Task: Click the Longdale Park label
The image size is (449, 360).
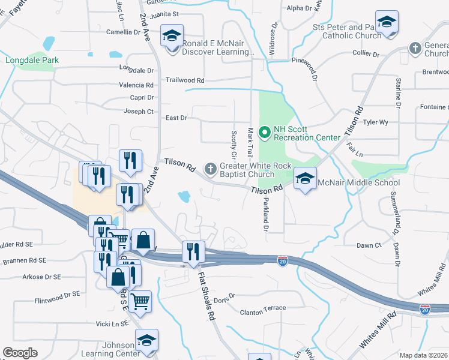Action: pyautogui.click(x=29, y=60)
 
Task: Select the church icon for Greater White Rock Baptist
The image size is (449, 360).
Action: pyautogui.click(x=211, y=169)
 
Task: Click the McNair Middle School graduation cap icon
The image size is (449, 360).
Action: pyautogui.click(x=306, y=179)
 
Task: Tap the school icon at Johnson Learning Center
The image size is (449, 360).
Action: pyautogui.click(x=146, y=340)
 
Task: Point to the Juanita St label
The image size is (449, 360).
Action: pyautogui.click(x=167, y=14)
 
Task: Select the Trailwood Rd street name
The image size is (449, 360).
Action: pyautogui.click(x=185, y=80)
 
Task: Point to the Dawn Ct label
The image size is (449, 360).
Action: pyautogui.click(x=369, y=245)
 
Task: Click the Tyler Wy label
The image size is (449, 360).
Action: pyautogui.click(x=376, y=122)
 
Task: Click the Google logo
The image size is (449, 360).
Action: pyautogui.click(x=20, y=352)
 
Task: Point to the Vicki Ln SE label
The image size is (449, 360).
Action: pyautogui.click(x=107, y=323)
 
